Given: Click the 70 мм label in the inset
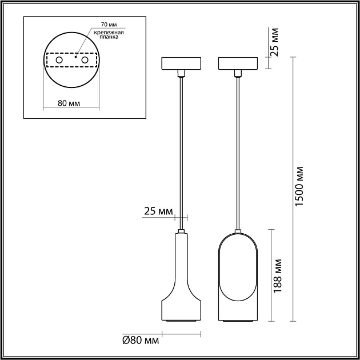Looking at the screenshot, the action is tap(109, 25).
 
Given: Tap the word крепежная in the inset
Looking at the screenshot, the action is tap(109, 33).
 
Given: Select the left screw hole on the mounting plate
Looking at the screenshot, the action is tap(59, 60).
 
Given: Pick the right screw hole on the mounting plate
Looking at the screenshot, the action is tap(85, 60).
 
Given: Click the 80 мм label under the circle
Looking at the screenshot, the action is tap(69, 103).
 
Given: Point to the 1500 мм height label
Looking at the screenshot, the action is tap(299, 186).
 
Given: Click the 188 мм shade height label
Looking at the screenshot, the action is tap(277, 275).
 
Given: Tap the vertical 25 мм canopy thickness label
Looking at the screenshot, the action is tap(274, 42).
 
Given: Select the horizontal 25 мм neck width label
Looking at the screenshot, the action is tap(158, 211).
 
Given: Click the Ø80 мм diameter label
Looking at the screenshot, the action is tap(141, 340).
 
